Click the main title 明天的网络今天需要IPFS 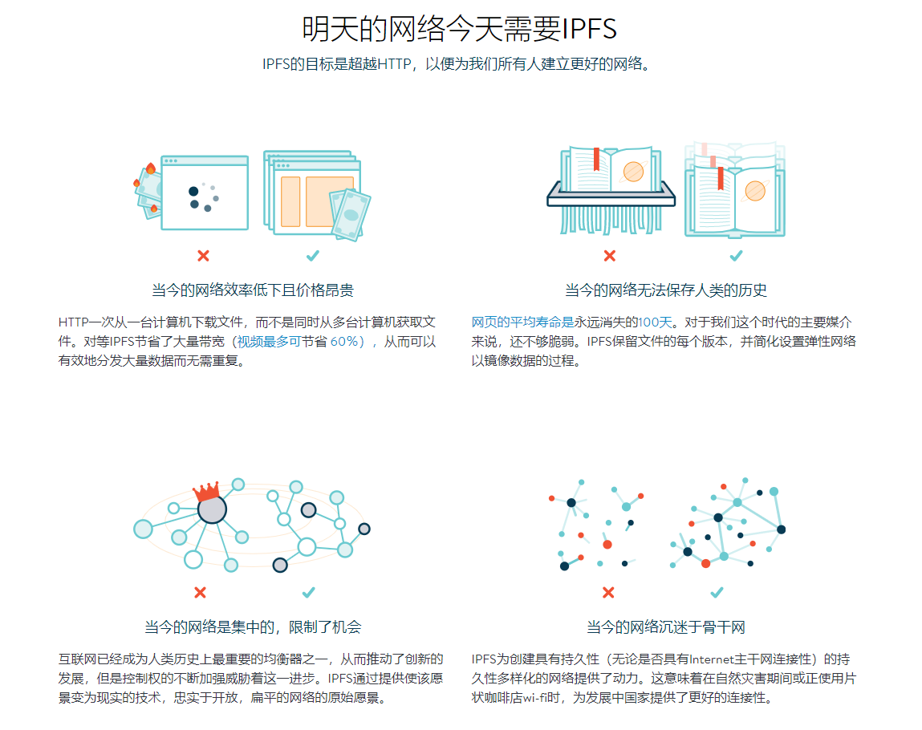point(459,29)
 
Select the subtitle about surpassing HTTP point(457,64)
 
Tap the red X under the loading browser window point(203,256)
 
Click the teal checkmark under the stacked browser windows point(313,256)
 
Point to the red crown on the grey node point(206,492)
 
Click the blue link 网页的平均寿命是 point(522,322)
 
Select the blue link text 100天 point(655,322)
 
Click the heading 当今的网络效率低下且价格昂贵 point(253,290)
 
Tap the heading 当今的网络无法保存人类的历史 point(666,290)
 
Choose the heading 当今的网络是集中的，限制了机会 point(253,627)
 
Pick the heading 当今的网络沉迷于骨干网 point(666,627)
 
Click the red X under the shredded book point(610,256)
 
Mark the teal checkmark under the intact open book point(736,256)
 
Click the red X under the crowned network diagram point(200,593)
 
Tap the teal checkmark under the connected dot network point(717,593)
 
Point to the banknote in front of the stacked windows point(351,215)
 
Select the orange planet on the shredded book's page point(633,172)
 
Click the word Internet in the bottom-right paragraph point(712,659)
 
